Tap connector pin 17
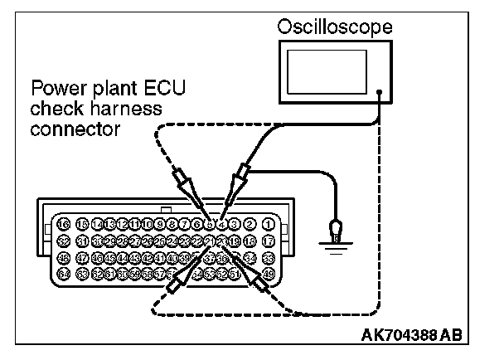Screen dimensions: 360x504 tap(268, 241)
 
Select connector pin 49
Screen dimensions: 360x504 tap(268, 273)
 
